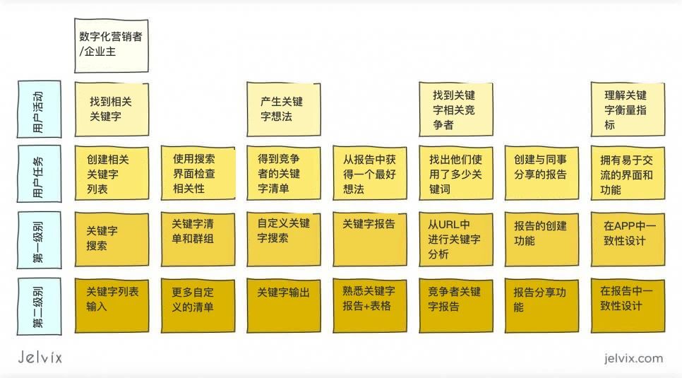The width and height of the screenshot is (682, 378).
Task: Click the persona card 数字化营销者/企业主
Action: [112, 45]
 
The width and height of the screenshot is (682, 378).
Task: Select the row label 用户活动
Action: [39, 110]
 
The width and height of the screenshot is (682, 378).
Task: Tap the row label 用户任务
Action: [39, 174]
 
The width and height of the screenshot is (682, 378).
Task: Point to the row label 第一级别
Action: [39, 240]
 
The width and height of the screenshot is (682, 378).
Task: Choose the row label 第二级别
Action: [39, 306]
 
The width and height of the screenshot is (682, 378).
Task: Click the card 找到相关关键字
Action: [112, 110]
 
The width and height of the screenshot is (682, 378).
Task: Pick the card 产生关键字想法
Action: [284, 110]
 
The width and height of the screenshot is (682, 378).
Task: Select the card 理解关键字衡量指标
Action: [628, 110]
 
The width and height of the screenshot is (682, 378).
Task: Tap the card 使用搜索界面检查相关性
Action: [198, 173]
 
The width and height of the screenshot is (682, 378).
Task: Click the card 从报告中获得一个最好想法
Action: [370, 173]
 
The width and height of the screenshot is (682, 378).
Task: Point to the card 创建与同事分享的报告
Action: [542, 173]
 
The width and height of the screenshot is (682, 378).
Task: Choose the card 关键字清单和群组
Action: [198, 240]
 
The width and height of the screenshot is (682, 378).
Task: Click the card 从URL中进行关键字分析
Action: [456, 240]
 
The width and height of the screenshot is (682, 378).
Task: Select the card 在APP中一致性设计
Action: [628, 240]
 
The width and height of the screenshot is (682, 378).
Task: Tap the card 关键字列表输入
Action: [112, 306]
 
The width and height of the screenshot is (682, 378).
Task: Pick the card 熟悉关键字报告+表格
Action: [370, 306]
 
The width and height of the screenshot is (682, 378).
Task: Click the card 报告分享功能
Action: [542, 306]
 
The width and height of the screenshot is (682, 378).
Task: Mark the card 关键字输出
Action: [284, 306]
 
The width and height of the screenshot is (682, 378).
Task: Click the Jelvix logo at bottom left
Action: [40, 357]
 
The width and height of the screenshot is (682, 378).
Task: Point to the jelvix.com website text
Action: [633, 358]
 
